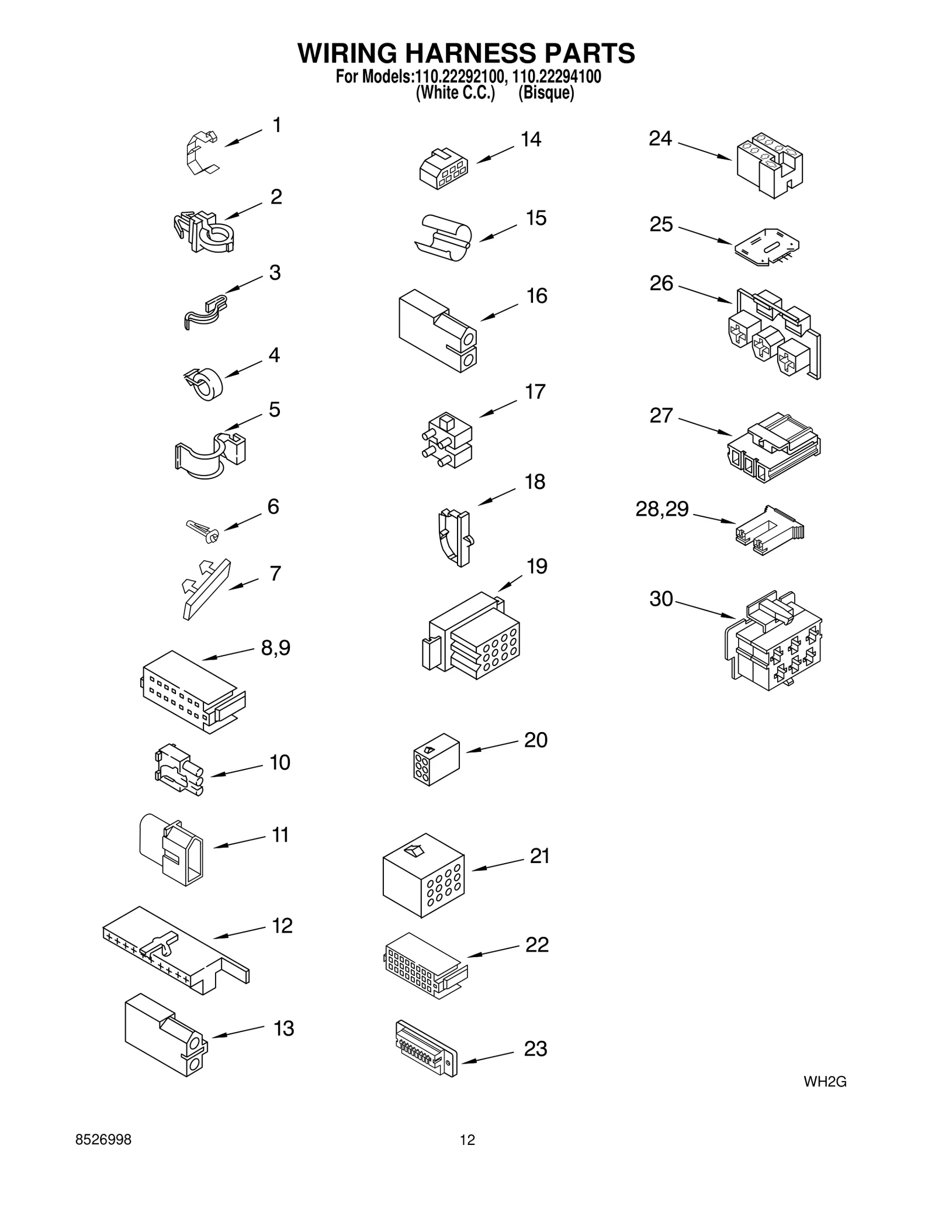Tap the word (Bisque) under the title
(x=546, y=93)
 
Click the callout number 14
(x=531, y=139)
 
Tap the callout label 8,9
(x=275, y=648)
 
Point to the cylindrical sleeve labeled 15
(x=444, y=236)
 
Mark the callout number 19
(x=536, y=566)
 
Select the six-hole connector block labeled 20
(x=436, y=759)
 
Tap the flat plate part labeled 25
(x=767, y=247)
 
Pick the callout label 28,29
(x=662, y=509)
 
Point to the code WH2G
(x=825, y=1082)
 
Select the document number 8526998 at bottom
(x=103, y=1140)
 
